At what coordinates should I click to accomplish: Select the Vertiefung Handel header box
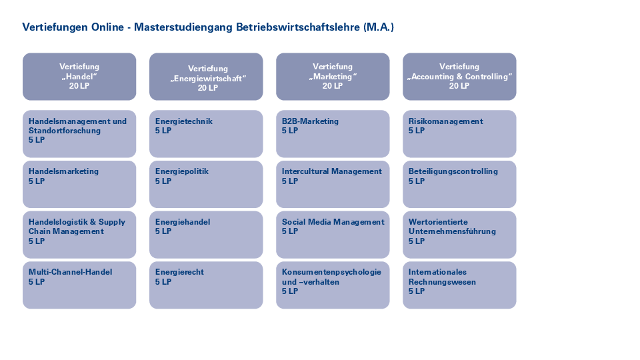(x=79, y=76)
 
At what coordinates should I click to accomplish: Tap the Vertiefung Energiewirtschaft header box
(x=206, y=76)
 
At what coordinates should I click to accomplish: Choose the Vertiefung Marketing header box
(x=333, y=76)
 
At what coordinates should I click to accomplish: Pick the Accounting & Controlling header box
(x=459, y=76)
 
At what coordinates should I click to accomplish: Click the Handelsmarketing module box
(x=79, y=184)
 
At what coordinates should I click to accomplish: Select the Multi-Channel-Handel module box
(x=79, y=285)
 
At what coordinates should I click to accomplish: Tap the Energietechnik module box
(x=206, y=134)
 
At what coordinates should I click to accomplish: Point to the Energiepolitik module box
(x=206, y=184)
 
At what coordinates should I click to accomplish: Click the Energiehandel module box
(x=206, y=235)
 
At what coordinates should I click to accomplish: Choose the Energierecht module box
(x=206, y=285)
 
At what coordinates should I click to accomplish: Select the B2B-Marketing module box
(x=333, y=134)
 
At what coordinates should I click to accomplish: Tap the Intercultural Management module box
(x=333, y=184)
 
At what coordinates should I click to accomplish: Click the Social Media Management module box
(x=333, y=235)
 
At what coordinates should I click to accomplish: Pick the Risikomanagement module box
(x=459, y=134)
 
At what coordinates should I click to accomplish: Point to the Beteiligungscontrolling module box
(x=459, y=184)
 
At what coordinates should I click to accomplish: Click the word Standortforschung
(x=65, y=131)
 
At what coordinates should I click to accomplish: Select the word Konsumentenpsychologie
(x=331, y=272)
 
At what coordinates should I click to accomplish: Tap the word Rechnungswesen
(x=442, y=281)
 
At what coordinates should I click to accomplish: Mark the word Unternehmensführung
(x=452, y=231)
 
